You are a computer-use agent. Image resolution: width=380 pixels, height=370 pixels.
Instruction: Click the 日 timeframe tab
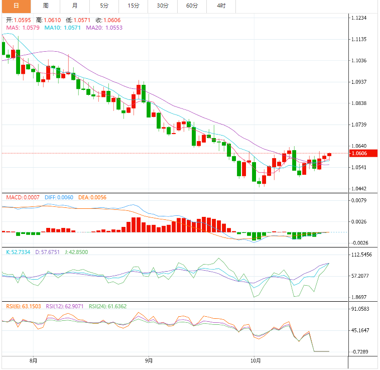tap(16, 6)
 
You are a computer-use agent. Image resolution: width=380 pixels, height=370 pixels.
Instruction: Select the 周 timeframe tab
tap(46, 6)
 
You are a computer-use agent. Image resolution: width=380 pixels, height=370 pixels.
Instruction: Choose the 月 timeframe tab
tap(75, 6)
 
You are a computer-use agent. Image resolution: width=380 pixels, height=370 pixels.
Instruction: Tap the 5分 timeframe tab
tap(104, 6)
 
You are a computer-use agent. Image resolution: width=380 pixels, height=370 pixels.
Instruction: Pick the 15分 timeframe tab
tap(134, 6)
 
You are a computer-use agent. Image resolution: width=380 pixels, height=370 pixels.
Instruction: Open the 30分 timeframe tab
tap(163, 6)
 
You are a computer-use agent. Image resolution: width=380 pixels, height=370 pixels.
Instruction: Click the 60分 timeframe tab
tap(192, 6)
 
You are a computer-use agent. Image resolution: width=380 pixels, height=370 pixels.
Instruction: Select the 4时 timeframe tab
tap(221, 6)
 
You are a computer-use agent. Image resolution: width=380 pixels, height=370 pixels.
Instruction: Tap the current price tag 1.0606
tap(359, 153)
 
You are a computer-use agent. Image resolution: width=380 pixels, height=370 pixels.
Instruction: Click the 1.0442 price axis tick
tap(359, 189)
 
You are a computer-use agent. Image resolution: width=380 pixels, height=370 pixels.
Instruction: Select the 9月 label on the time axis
tap(149, 360)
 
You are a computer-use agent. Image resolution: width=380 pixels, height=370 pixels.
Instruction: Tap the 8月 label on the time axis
tap(34, 360)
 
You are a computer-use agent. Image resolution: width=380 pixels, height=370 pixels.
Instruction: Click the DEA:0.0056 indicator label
tap(92, 198)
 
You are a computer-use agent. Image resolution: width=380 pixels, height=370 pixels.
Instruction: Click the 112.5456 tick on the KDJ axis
tap(361, 255)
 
